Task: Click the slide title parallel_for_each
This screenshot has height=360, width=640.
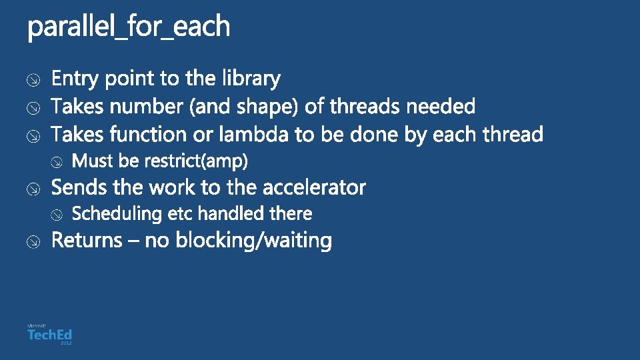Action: point(129,27)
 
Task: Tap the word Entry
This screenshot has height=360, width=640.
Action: point(75,79)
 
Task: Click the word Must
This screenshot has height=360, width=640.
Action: point(93,161)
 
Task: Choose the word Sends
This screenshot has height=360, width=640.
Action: point(75,187)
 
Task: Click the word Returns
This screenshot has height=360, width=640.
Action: point(87,240)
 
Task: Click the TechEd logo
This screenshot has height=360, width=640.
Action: point(49,334)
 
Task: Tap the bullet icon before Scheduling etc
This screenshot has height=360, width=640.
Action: point(58,215)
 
